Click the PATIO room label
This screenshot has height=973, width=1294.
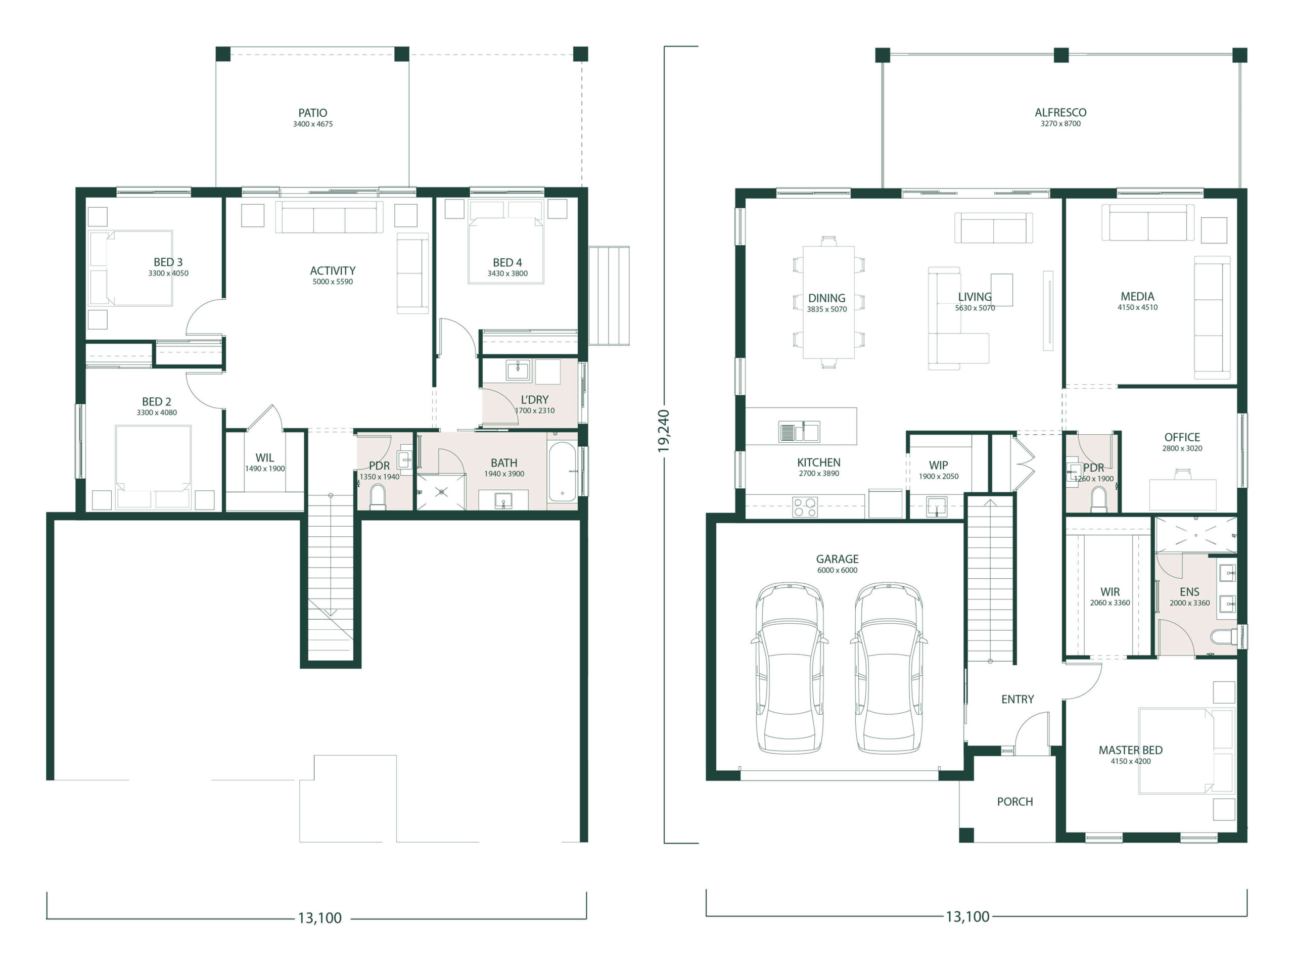pos(312,113)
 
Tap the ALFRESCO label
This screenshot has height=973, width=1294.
pos(1060,112)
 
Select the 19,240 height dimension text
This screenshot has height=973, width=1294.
pos(663,431)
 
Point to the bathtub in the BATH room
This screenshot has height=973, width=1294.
pos(562,471)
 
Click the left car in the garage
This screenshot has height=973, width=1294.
pos(790,667)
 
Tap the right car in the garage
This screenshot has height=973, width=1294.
pos(889,667)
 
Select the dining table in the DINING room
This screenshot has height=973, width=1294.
pos(828,302)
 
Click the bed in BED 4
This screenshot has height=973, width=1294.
pos(506,250)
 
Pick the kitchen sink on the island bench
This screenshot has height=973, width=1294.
pos(799,432)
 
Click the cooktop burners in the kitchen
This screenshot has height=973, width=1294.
pos(805,506)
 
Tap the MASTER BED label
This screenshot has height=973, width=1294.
pos(1130,750)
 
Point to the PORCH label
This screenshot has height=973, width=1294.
pos(1015,802)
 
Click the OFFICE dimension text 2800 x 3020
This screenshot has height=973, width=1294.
pos(1182,448)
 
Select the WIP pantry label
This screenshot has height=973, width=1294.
pos(938,465)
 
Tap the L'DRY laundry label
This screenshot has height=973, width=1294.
pos(535,400)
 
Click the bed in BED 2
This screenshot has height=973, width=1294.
pos(153,467)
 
